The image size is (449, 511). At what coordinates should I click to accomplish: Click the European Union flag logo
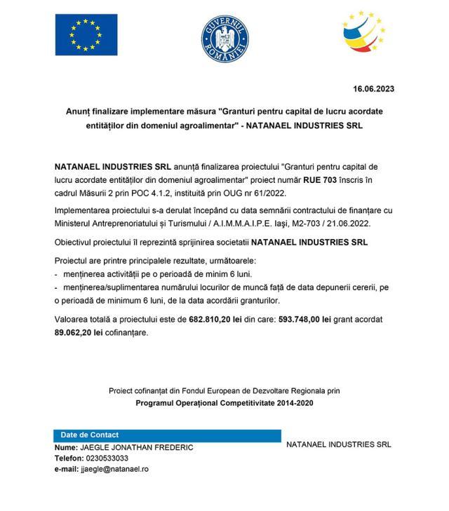pyautogui.click(x=86, y=34)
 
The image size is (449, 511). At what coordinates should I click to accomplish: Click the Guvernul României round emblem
pyautogui.click(x=224, y=36)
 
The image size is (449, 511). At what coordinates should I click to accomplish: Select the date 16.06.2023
pyautogui.click(x=373, y=88)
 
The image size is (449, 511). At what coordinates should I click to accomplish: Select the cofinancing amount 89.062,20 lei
pyautogui.click(x=80, y=332)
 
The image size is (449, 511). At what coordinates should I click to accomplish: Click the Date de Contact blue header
pyautogui.click(x=90, y=435)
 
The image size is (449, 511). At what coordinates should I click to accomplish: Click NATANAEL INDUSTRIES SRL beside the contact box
pyautogui.click(x=338, y=444)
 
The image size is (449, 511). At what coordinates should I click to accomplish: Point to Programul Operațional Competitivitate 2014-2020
pyautogui.click(x=224, y=403)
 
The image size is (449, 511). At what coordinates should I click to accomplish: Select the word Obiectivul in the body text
pyautogui.click(x=77, y=242)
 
